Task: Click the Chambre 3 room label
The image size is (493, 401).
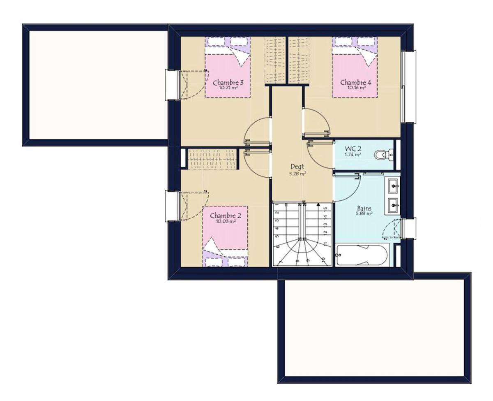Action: [228, 83]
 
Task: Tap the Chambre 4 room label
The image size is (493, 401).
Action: [356, 82]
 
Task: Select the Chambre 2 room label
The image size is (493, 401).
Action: [225, 216]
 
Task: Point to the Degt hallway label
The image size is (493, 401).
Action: [297, 166]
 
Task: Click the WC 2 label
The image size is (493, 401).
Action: [353, 148]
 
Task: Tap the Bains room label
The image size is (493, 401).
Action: [364, 208]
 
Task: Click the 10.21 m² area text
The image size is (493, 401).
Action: [228, 88]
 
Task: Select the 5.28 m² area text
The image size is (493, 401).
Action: [298, 173]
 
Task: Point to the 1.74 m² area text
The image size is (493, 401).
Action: [353, 155]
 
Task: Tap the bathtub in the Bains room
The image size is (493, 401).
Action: [362, 255]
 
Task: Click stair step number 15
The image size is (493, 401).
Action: [325, 208]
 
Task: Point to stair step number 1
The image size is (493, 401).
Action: [277, 205]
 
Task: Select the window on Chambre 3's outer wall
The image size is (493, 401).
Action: [173, 85]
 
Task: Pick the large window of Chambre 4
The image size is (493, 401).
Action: [408, 86]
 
